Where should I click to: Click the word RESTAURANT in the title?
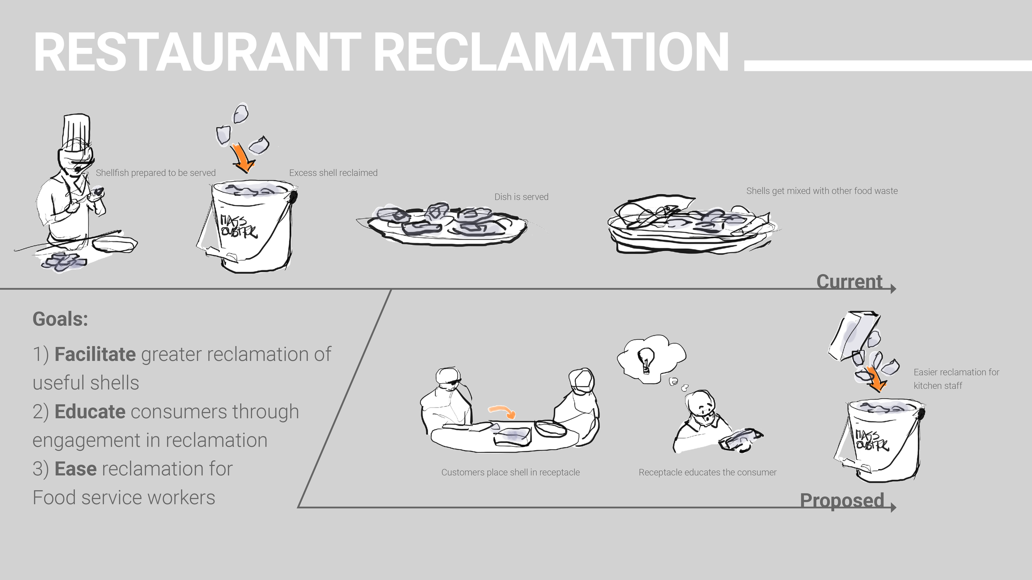[197, 52]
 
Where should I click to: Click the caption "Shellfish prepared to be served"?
[156, 173]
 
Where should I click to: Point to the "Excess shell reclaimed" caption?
[333, 173]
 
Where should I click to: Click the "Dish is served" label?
[521, 197]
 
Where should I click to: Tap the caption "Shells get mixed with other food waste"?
[822, 191]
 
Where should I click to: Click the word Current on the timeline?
[849, 282]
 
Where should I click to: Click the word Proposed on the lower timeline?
[842, 500]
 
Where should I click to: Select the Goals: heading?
[60, 319]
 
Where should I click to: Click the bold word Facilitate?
[95, 354]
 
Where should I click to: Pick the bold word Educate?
[90, 412]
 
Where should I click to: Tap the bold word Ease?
[76, 469]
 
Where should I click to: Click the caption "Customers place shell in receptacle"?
[510, 472]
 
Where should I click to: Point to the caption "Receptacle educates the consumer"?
[708, 472]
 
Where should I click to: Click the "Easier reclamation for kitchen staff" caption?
[956, 379]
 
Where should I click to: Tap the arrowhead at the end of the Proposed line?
[893, 507]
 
